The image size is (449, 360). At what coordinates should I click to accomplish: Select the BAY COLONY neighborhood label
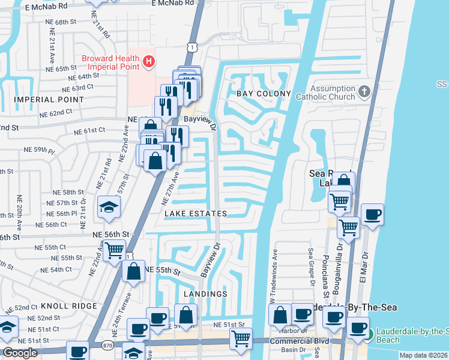[x=264, y=94]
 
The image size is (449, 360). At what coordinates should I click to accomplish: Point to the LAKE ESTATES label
[x=196, y=214]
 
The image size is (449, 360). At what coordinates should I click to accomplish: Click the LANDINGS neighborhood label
[x=205, y=294]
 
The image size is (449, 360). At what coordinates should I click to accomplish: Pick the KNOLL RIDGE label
[x=69, y=306]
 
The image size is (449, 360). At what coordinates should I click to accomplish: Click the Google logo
[x=20, y=353]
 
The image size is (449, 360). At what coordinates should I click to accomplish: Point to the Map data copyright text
[x=423, y=355]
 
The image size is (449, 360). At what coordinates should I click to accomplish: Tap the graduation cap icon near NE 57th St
[x=110, y=206]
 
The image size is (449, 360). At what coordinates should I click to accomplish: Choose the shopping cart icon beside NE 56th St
[x=114, y=250]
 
